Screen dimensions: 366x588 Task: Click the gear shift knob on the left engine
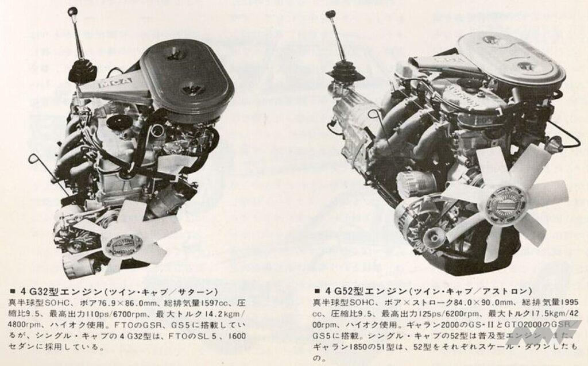pyautogui.click(x=72, y=11)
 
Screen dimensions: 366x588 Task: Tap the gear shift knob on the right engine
pyautogui.click(x=330, y=14)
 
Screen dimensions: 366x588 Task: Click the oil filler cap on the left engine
pyautogui.click(x=121, y=122)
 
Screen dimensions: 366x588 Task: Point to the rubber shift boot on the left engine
pyautogui.click(x=82, y=71)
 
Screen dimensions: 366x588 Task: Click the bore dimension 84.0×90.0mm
pyautogui.click(x=452, y=303)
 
